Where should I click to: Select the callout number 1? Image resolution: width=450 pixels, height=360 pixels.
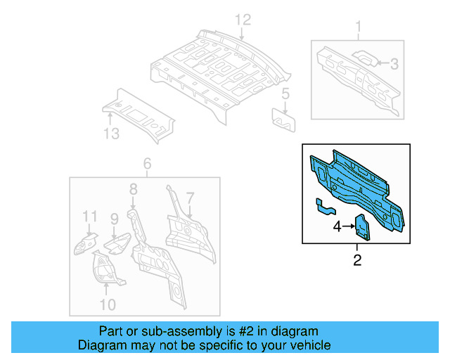(358, 28)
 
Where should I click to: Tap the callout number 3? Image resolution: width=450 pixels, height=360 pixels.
(394, 64)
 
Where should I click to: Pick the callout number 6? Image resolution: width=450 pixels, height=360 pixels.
(147, 165)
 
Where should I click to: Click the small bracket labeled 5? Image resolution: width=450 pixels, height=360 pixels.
(284, 118)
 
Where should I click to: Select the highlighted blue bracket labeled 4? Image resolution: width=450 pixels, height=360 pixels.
(361, 227)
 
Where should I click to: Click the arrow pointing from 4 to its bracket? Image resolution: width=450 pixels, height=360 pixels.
(348, 226)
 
